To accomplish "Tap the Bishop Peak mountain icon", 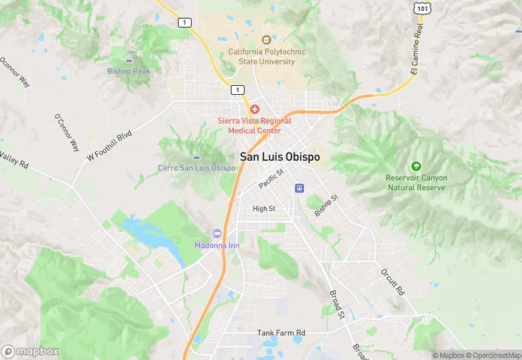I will [129, 60].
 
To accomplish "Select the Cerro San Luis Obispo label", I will [197, 168].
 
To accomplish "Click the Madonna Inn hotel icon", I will [218, 235].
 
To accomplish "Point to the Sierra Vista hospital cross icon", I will [255, 109].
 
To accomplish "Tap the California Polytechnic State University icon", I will [266, 41].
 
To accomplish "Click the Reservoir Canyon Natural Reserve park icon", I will [416, 167].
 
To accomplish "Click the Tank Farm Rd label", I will [281, 333].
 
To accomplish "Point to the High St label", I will [264, 209].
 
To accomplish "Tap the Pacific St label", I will [271, 180].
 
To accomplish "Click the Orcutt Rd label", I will [393, 282].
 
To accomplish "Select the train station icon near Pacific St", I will [299, 188].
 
